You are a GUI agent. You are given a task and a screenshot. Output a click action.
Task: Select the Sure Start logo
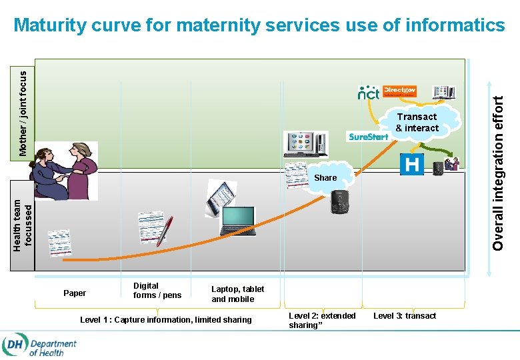pyautogui.click(x=368, y=137)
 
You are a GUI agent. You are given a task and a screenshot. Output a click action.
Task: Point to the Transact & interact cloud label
pyautogui.click(x=417, y=122)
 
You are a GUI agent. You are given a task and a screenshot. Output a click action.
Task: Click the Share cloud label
pyautogui.click(x=325, y=177)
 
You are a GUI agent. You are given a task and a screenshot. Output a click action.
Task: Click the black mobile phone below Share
pyautogui.click(x=339, y=201)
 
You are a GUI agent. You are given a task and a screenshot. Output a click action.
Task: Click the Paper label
pyautogui.click(x=75, y=293)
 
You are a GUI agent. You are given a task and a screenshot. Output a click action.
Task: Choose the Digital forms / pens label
pyautogui.click(x=157, y=291)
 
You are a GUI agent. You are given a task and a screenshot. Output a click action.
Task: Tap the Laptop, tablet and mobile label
pyautogui.click(x=237, y=294)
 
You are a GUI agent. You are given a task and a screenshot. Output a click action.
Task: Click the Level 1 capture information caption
pyautogui.click(x=166, y=320)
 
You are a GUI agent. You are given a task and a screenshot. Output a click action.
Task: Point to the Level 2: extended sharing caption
pyautogui.click(x=322, y=320)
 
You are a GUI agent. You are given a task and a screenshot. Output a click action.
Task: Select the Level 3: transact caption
pyautogui.click(x=405, y=315)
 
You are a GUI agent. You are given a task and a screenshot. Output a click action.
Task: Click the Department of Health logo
pyautogui.click(x=39, y=345)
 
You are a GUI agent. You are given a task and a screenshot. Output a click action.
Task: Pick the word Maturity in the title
pyautogui.click(x=50, y=25)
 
